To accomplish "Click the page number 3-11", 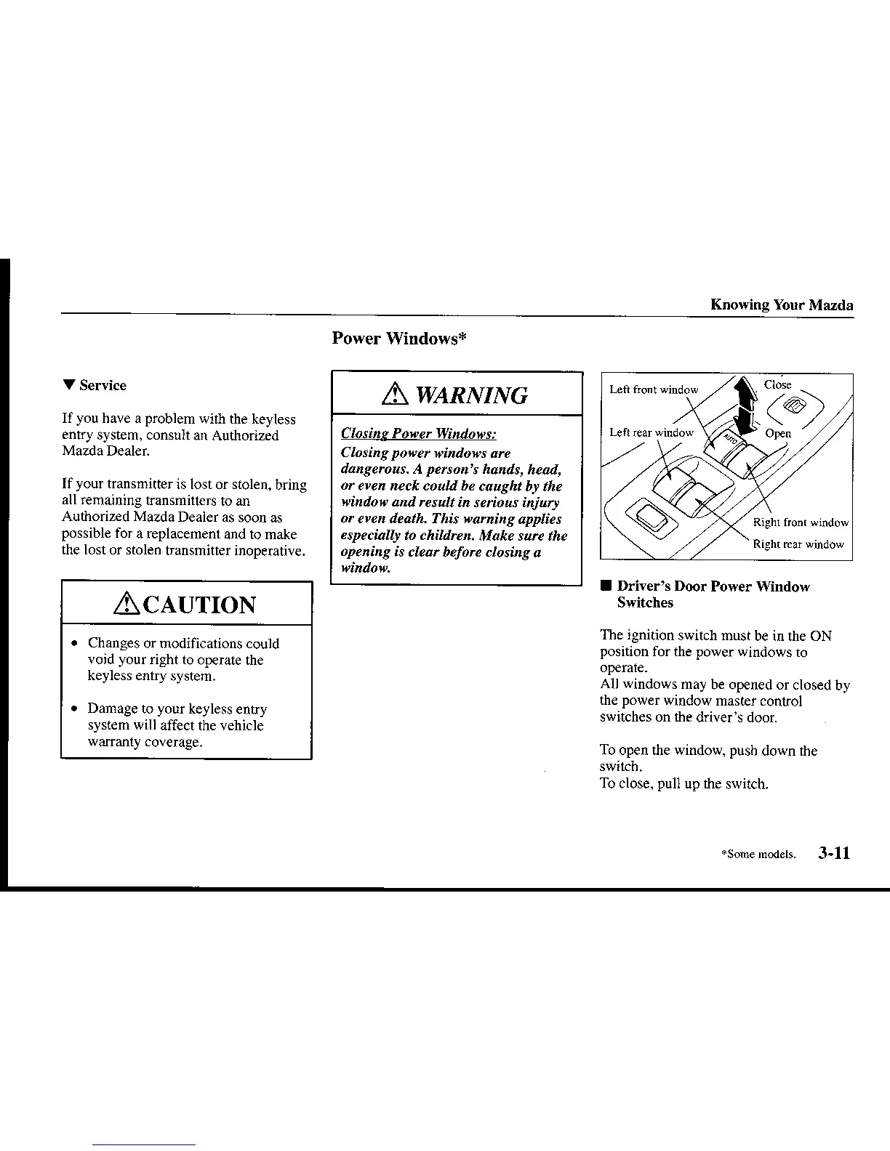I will pos(833,853).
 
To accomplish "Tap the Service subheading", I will pos(103,385).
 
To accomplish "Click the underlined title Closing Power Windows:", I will pos(419,434).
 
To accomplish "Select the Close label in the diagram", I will pos(777,385).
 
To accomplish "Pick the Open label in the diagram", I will pos(778,433).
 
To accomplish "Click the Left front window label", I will pos(653,389).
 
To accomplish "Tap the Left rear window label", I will pos(651,432).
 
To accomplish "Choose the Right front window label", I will pos(801,522).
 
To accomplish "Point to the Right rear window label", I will pos(798,544).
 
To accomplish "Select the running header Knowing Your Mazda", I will pos(782,304).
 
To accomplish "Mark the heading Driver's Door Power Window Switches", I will pos(713,594).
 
